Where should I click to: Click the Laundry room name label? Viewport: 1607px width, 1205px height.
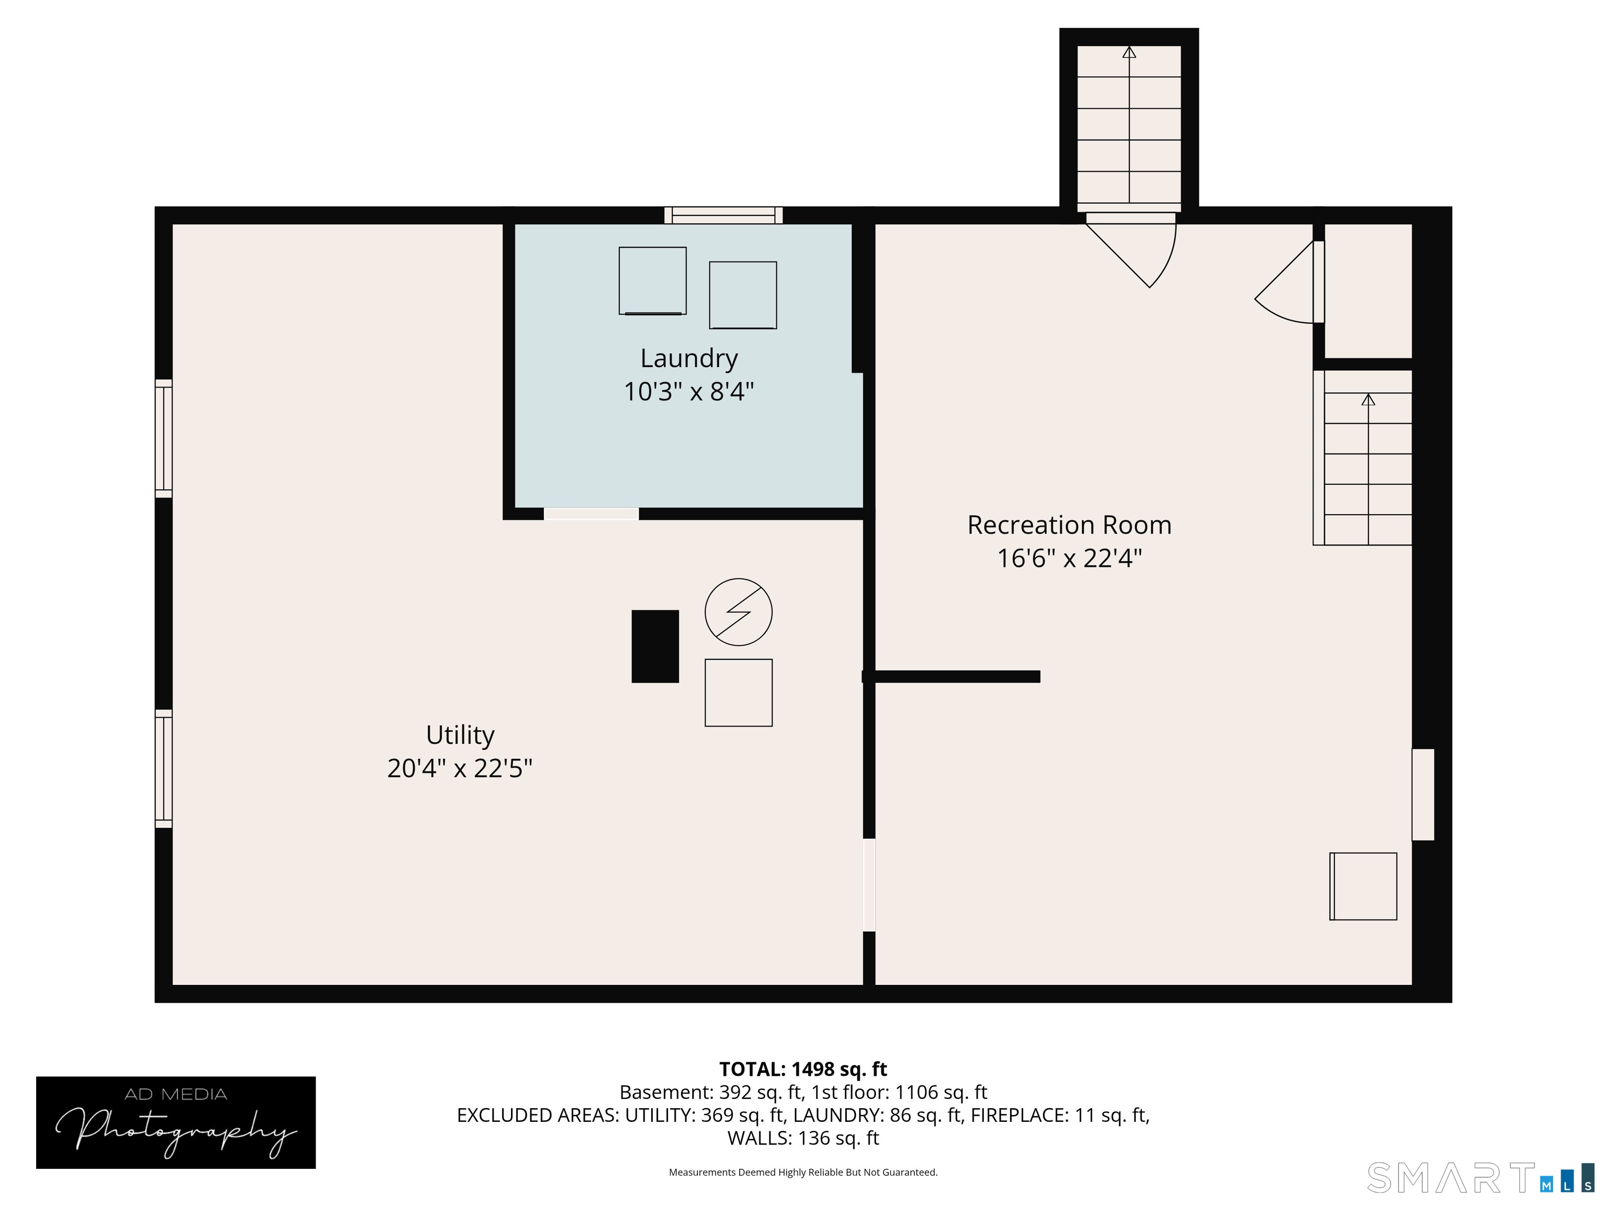689,358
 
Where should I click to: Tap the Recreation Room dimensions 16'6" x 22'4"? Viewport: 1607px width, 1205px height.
1069,559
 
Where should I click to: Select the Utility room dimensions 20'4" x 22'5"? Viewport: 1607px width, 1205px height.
460,768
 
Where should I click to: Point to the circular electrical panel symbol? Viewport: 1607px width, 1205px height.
738,611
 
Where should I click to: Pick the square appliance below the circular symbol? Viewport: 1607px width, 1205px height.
738,693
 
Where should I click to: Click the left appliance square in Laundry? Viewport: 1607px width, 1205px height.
652,281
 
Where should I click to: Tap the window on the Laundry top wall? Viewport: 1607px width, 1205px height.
723,215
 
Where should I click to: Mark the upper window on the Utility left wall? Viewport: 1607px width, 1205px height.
163,439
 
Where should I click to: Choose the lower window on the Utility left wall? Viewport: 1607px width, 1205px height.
163,768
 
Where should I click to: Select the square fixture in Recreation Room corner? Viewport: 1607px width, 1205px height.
1363,886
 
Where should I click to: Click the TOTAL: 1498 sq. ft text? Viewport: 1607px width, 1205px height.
803,1069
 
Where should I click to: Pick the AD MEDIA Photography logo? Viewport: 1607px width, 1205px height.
176,1123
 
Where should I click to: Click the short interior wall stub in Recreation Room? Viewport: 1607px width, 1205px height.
951,676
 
